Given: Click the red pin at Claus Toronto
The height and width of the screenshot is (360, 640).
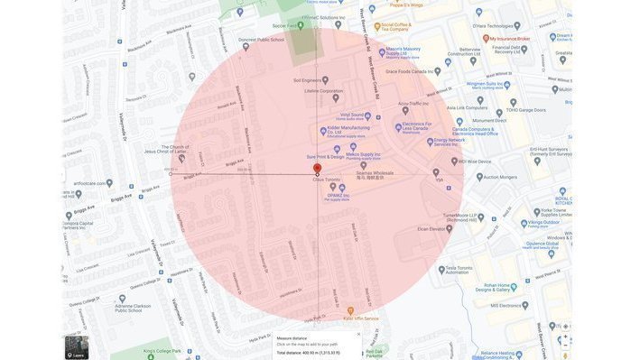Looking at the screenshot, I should (317, 169).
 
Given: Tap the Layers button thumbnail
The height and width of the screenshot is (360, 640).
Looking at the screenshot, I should (77, 347).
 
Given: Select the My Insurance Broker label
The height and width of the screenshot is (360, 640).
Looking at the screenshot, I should (510, 39).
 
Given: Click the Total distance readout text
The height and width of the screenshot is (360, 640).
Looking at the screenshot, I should (308, 353).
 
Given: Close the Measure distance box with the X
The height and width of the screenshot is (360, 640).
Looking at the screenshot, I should (358, 334).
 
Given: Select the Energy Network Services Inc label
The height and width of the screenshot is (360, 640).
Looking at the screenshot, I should (449, 142).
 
